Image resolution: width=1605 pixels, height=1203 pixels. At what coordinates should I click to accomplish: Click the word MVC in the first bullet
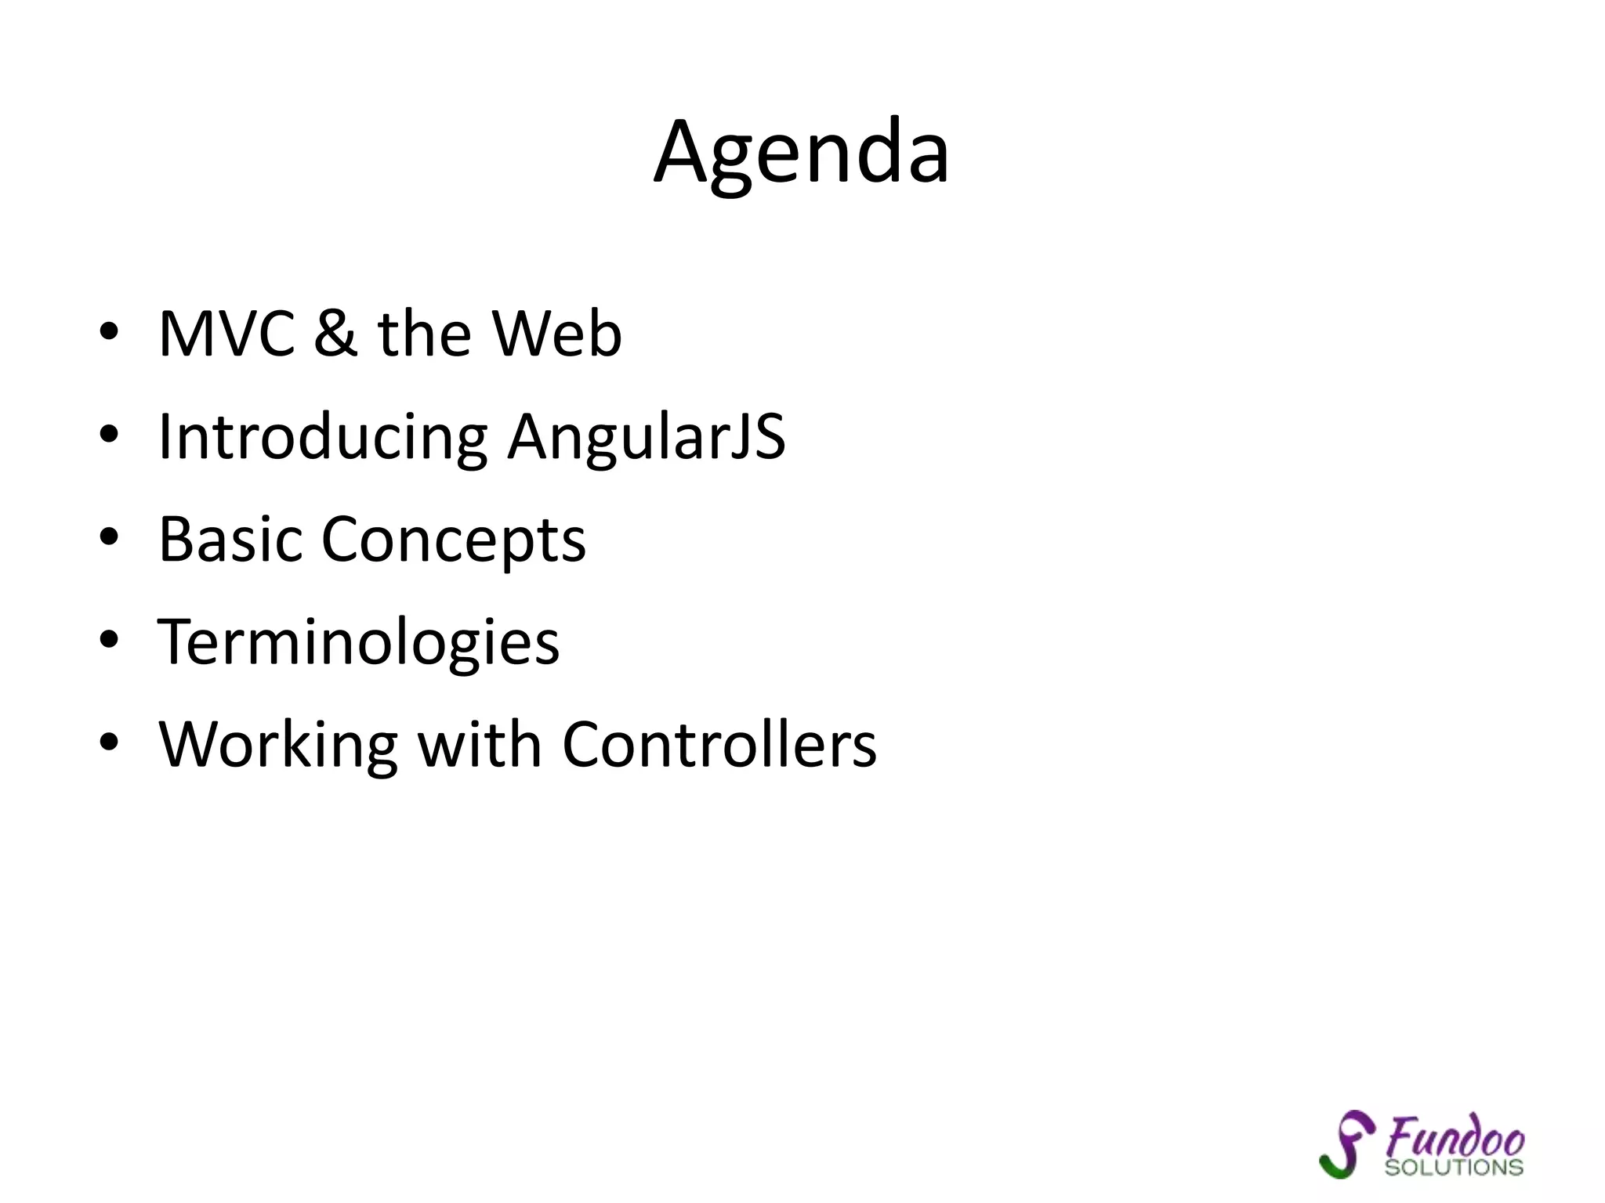[226, 334]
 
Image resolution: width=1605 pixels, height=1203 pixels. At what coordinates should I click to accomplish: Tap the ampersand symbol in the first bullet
[335, 334]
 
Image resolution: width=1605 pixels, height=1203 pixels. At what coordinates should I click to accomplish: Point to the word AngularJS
[647, 437]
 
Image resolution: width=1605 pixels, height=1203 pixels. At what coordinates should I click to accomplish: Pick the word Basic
[230, 540]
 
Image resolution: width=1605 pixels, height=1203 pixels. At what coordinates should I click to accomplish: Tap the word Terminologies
[359, 642]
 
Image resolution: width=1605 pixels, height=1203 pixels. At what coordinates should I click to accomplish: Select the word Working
[278, 746]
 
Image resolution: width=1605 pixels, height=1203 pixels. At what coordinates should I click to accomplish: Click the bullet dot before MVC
[109, 332]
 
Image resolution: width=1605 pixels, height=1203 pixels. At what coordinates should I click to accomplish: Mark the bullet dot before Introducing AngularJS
[109, 435]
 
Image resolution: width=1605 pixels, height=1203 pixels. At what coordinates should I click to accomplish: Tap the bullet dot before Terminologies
[109, 640]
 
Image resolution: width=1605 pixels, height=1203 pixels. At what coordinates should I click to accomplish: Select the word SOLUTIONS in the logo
[1454, 1168]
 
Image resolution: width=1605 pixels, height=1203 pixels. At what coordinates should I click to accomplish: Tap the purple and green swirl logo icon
[1346, 1143]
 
